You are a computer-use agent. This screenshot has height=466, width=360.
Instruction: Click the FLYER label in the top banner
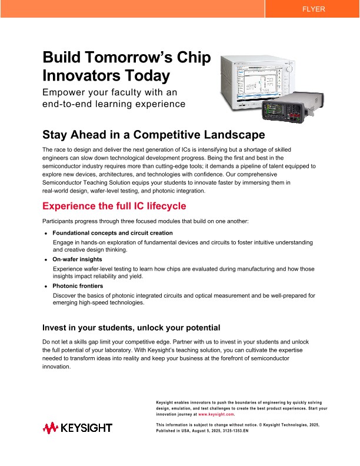point(313,9)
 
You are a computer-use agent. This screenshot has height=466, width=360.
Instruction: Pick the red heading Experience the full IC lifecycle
point(114,206)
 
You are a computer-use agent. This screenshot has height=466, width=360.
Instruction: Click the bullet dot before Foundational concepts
point(46,234)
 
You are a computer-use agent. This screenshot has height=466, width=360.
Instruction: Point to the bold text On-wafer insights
point(77,259)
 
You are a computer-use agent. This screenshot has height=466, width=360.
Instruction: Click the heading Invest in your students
point(131,328)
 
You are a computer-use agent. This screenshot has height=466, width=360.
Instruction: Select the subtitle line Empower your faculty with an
point(109,92)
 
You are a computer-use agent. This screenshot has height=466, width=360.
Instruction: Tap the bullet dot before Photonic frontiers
point(46,287)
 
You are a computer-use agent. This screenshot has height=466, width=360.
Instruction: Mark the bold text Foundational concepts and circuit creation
point(112,233)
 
